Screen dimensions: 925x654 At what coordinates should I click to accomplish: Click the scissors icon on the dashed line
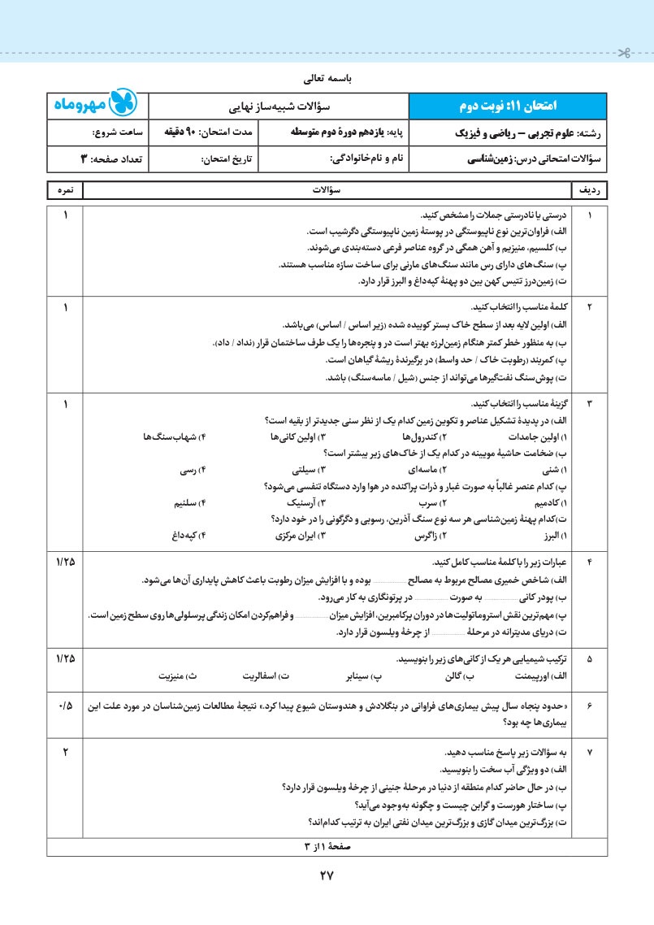(623, 54)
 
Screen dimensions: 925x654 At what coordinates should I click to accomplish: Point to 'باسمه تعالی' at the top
(327, 80)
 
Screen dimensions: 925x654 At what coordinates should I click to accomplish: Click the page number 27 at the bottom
(327, 876)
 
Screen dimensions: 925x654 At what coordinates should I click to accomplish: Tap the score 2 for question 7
(65, 752)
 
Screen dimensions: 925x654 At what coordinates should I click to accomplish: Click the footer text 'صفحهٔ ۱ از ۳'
(327, 845)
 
